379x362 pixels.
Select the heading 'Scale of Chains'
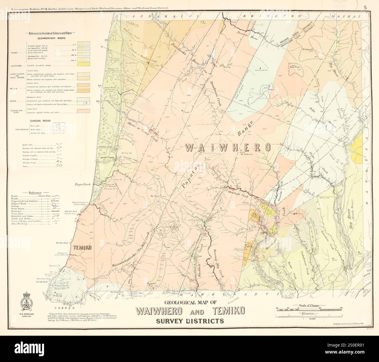[x=309, y=305]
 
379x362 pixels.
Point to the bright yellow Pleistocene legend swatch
[x=83, y=64]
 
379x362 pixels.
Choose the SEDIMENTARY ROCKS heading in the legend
[x=51, y=38]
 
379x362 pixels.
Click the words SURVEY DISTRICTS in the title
[x=190, y=321]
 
